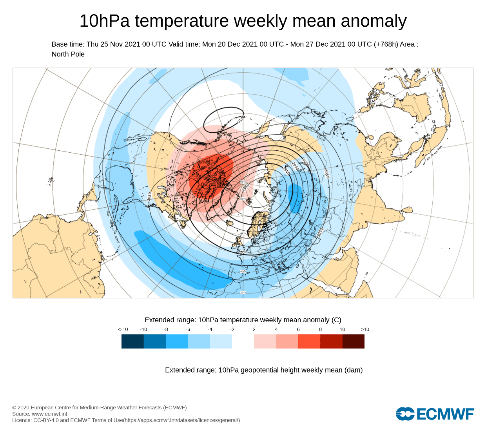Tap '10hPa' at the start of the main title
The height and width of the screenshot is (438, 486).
pos(104,21)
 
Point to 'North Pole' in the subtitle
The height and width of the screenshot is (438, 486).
pos(68,54)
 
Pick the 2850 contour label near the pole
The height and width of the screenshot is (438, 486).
pos(246,188)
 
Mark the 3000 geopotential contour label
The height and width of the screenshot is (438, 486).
pos(306,162)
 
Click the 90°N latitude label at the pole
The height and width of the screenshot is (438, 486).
pos(243,182)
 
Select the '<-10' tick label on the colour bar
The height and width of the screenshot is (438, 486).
pos(123,329)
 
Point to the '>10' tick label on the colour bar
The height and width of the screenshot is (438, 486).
pos(365,329)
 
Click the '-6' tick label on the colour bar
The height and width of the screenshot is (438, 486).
pos(188,329)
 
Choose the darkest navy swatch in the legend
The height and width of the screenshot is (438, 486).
pos(132,341)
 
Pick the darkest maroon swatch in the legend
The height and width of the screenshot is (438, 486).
pos(354,341)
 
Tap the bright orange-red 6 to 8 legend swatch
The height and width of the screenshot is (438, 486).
pos(309,341)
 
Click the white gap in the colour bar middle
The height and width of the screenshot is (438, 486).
pos(243,341)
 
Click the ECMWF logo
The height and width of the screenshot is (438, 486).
pos(435,414)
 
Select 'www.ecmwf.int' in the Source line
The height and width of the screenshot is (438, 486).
pos(49,414)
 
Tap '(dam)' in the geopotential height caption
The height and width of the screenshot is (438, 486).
pos(354,370)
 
